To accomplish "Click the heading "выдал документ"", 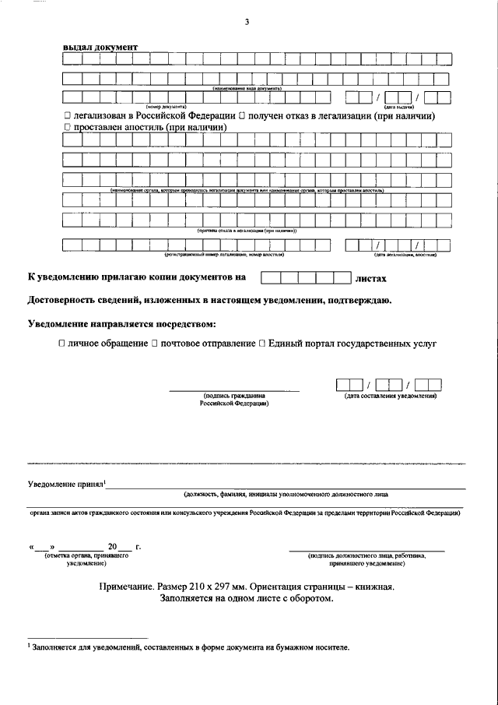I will click(100, 48).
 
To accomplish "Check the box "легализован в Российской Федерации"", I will click(68, 116).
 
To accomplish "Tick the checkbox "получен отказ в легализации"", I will click(242, 116).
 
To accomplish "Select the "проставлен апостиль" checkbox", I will click(68, 126).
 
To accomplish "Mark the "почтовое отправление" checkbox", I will click(156, 343).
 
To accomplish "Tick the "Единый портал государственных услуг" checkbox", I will click(262, 343).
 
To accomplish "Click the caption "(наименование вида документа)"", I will click(247, 89).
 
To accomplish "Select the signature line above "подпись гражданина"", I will click(234, 390).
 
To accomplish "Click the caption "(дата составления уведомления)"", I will click(390, 397).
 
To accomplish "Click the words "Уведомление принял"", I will click(65, 484).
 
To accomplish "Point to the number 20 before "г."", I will click(113, 547).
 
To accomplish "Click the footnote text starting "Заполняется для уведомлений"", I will click(191, 647).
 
